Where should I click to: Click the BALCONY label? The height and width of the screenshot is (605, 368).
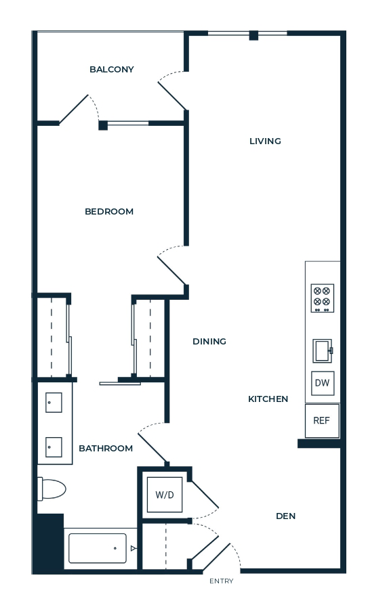point(112,70)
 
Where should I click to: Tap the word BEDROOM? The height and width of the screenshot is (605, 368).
point(109,211)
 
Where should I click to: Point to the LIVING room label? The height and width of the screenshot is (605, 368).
point(265,141)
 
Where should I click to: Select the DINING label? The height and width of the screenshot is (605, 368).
point(209,342)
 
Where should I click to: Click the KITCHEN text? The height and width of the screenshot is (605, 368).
point(268,399)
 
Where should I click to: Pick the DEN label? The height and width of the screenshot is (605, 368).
point(286,516)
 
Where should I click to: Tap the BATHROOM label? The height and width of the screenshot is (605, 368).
point(106,449)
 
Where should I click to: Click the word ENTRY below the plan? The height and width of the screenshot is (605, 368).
point(222,581)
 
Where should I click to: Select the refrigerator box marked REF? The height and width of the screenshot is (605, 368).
point(322,420)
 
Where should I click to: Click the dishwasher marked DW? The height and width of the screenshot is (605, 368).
point(323,383)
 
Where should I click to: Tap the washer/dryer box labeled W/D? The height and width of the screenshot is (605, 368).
point(165,495)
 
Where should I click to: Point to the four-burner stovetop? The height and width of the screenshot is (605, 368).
point(323,298)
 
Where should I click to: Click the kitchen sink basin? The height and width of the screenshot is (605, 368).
point(322,351)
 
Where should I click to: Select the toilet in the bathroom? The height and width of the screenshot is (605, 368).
point(52,489)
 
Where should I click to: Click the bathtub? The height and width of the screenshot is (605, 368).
point(98,548)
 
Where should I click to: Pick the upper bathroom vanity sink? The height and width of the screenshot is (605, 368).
point(54,403)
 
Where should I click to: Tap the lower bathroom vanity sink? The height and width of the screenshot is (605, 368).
point(54,447)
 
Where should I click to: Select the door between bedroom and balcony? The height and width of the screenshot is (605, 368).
point(73,109)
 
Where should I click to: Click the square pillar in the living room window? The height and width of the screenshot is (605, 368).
point(253,35)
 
